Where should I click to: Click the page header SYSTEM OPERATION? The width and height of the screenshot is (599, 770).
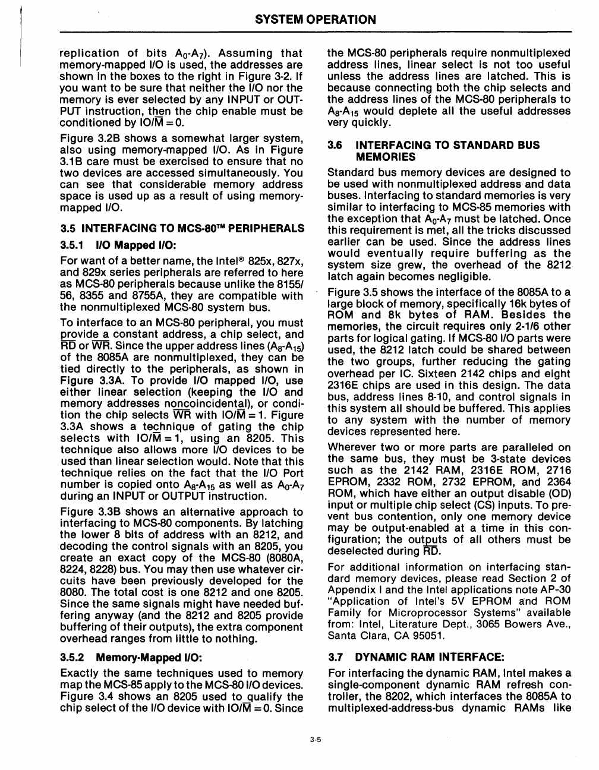coord(316,20)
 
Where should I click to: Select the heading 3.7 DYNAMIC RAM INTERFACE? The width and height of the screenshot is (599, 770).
coord(416,657)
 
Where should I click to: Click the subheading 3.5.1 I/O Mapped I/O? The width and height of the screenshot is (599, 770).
coord(119,245)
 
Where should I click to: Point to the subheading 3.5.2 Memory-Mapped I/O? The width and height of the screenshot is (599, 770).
coord(131,658)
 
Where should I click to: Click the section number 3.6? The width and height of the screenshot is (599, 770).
coord(336,145)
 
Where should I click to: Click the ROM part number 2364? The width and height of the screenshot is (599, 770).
coord(557,482)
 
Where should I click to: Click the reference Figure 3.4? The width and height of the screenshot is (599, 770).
coord(89,696)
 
